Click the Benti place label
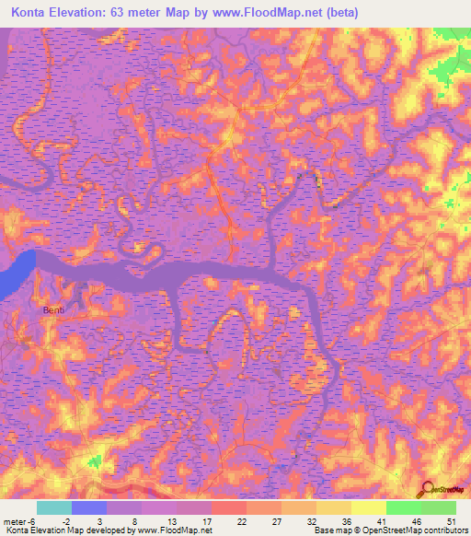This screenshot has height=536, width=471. [x=53, y=310]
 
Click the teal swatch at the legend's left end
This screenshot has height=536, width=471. [x=53, y=507]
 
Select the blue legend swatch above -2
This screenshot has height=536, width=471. [x=89, y=507]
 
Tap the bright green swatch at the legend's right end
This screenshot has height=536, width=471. [x=439, y=507]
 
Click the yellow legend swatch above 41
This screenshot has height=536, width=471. [x=368, y=507]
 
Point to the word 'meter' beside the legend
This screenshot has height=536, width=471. [x=13, y=521]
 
